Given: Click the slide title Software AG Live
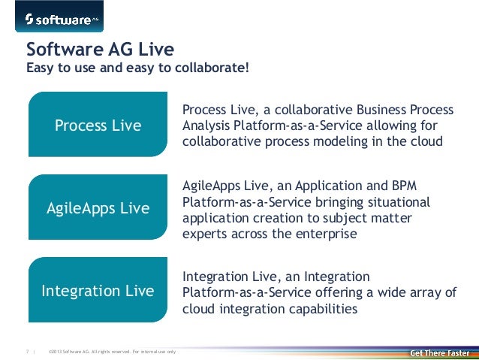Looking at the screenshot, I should pyautogui.click(x=100, y=50).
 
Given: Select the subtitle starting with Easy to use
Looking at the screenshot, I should pyautogui.click(x=137, y=70).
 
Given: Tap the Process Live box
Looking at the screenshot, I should pyautogui.click(x=98, y=126).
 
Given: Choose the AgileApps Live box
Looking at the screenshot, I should pyautogui.click(x=98, y=208).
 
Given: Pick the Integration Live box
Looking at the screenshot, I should pyautogui.click(x=98, y=291).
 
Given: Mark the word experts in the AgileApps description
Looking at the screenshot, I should pyautogui.click(x=204, y=234).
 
